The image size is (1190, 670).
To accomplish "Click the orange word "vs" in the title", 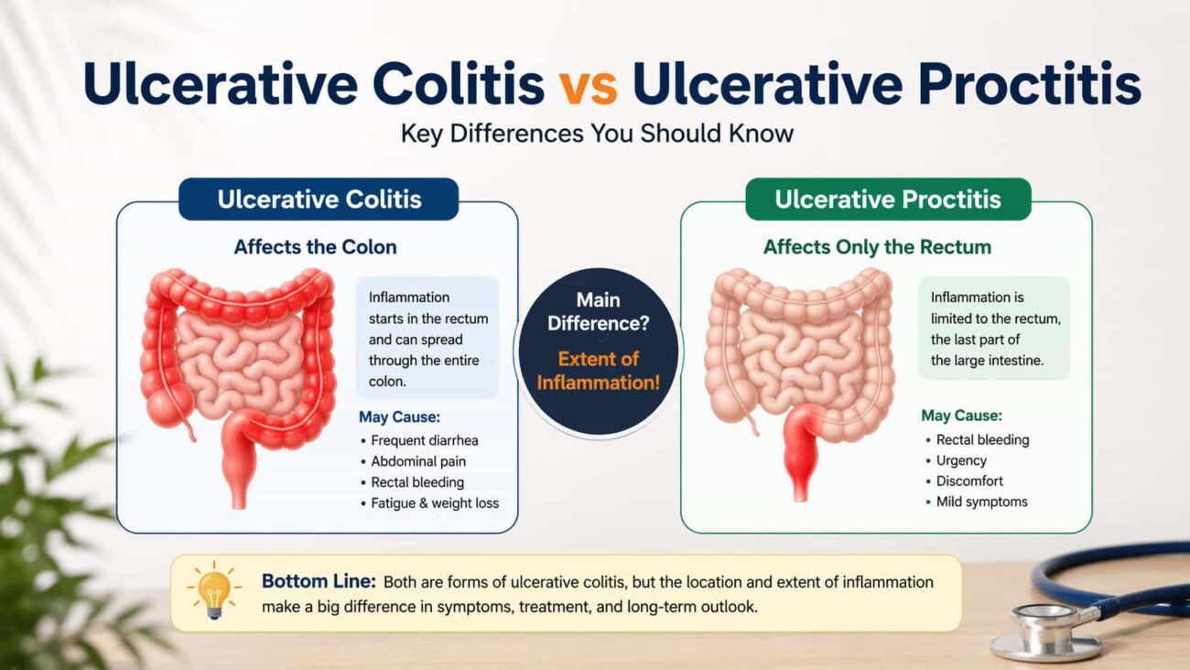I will pos(588,85).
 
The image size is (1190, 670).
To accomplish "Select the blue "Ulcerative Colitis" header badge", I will pos(319,200).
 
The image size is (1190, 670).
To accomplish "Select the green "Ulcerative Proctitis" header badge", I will pos(887,200).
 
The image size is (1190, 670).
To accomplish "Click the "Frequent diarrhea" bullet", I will pos(424,440).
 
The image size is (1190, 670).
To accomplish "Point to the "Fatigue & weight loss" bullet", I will pos(435,502).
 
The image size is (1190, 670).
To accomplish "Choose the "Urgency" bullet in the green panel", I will pos(960,460).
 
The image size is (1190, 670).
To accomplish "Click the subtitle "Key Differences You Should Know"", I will pos(597,134).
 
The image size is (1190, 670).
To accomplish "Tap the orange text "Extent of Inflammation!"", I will pos(598,371).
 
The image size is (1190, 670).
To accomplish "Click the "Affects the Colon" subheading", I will pos(315,247).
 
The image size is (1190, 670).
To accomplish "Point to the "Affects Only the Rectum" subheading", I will pos(877,247).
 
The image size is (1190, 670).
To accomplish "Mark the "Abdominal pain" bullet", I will pos(417,461).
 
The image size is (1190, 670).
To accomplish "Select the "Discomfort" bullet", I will pos(969,481).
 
